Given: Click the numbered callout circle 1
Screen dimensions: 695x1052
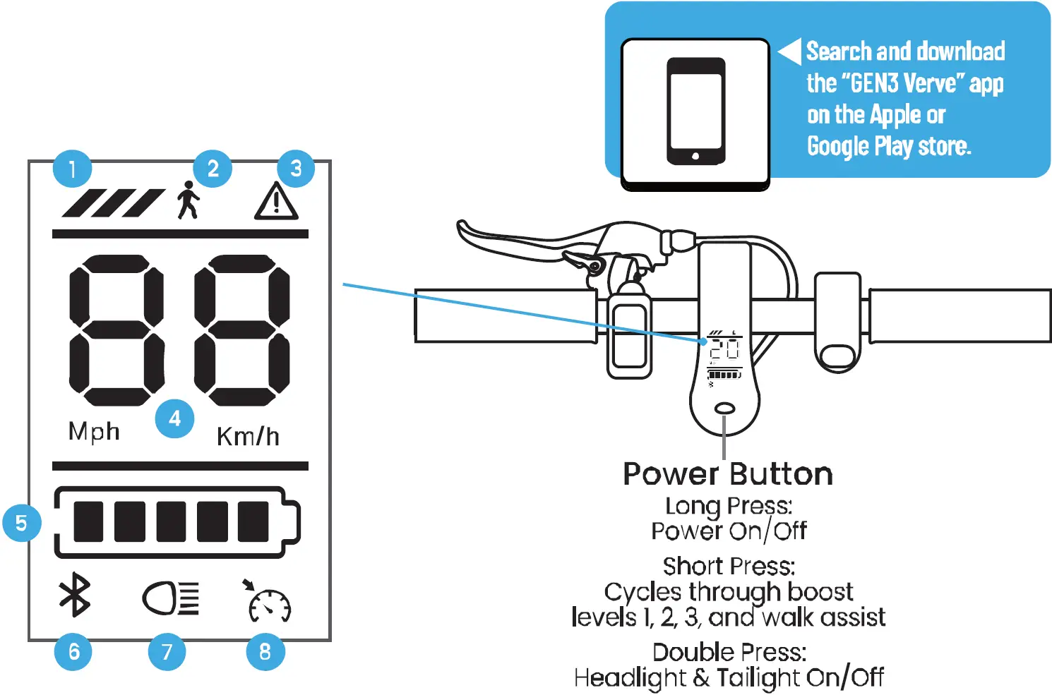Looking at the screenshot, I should (x=72, y=169).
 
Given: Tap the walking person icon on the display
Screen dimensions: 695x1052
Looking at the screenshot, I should (x=188, y=200).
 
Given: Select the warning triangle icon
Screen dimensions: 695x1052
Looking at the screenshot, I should (x=276, y=202).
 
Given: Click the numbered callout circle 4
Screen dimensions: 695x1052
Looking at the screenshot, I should (x=174, y=419).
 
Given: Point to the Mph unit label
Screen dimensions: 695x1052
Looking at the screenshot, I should (x=94, y=431).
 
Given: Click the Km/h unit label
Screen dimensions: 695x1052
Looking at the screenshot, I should (x=248, y=437).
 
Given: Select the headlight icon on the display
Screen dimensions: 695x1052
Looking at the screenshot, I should (x=171, y=598).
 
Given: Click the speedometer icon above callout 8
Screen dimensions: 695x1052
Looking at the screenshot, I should (x=268, y=602).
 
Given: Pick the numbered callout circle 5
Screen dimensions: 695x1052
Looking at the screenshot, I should (x=22, y=523).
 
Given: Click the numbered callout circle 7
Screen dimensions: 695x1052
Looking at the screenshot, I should (x=167, y=651).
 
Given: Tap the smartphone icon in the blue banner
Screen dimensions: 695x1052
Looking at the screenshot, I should (x=695, y=111).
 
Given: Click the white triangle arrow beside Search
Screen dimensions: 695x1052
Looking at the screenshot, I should (x=790, y=51).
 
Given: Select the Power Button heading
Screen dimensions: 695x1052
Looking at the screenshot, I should (x=728, y=474).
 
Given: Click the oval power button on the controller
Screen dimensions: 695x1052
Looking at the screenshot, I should (x=724, y=409).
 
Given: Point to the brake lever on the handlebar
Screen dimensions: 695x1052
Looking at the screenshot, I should (x=522, y=243).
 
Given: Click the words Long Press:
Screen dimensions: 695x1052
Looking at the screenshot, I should (x=729, y=506).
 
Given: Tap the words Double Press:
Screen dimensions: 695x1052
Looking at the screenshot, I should (x=729, y=652).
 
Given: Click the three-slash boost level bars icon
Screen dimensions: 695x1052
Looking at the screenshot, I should (x=113, y=203).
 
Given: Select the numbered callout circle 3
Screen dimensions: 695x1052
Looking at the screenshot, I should (x=296, y=169).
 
